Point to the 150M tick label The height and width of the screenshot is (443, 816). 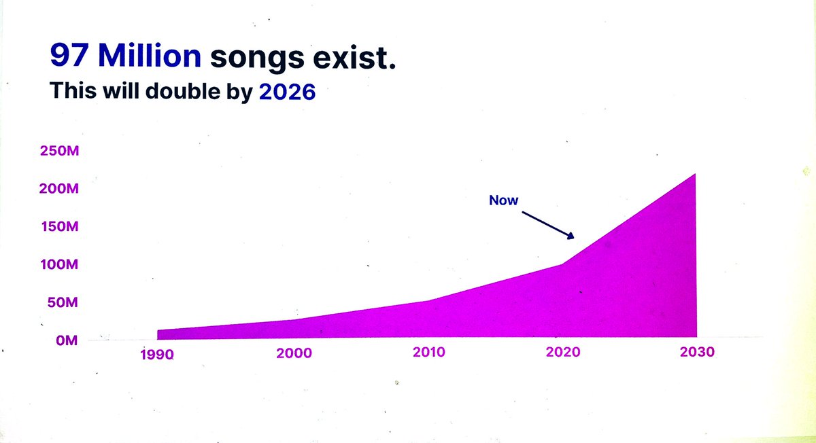59,226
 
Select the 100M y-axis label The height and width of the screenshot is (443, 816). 59,264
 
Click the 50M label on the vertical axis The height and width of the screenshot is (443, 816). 63,302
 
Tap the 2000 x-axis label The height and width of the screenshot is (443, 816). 294,353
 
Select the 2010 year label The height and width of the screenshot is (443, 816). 429,352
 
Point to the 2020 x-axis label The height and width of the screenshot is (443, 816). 563,353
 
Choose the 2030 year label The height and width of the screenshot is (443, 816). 697,353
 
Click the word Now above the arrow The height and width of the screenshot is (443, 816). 504,200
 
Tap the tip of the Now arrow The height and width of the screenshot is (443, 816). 575,237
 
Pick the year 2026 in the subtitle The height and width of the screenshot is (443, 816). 288,92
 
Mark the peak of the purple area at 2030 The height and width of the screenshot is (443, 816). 695,175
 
